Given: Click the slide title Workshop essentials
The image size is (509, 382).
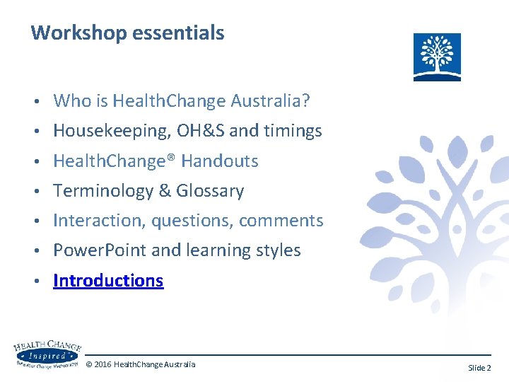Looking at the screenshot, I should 127,33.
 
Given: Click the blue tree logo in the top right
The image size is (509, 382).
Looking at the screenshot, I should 437,57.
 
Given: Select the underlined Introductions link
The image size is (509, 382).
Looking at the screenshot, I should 108,281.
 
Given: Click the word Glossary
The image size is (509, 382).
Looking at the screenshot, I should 210,191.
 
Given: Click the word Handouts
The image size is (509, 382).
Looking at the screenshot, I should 220,161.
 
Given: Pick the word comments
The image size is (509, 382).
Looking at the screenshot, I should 281,221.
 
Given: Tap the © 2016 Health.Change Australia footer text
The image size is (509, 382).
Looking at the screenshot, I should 140,364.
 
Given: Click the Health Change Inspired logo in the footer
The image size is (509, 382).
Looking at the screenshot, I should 47,354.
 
